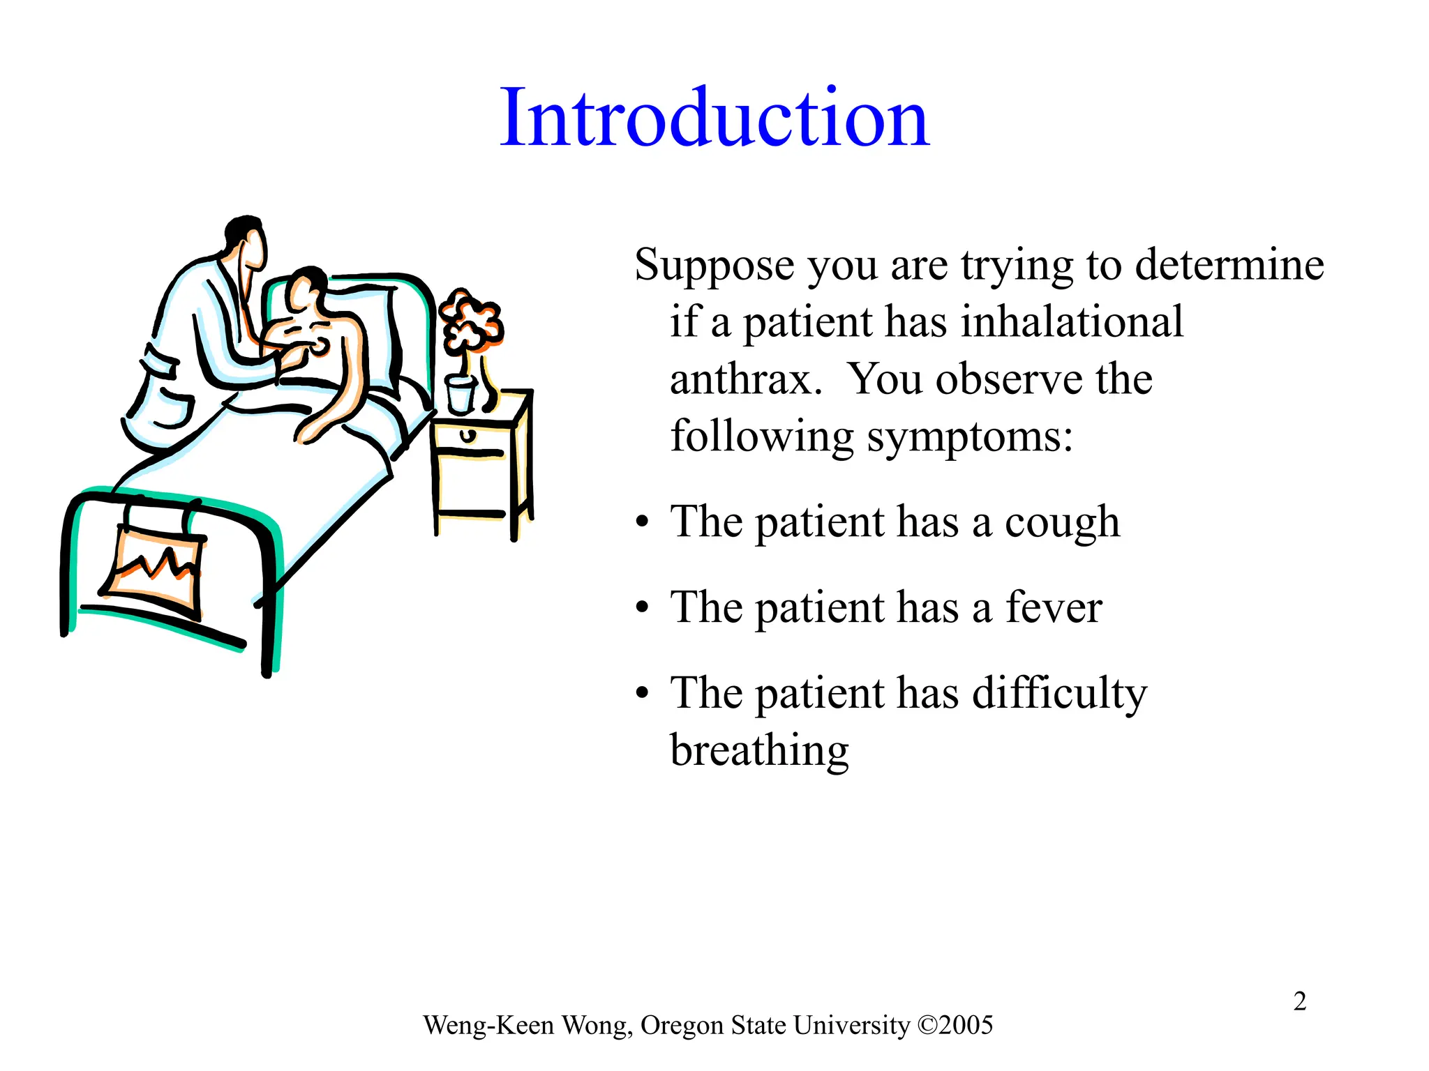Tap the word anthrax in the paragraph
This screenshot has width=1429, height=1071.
coord(745,379)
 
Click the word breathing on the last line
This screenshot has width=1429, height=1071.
coord(759,751)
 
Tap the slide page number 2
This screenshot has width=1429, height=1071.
coord(1299,1001)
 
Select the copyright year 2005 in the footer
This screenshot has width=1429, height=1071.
coord(966,1025)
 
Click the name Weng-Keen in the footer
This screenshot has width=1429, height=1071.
coord(488,1025)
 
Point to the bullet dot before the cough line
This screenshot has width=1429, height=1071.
coord(642,523)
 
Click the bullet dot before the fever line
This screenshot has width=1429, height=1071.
coord(642,609)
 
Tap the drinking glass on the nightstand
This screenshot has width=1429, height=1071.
coord(461,394)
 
